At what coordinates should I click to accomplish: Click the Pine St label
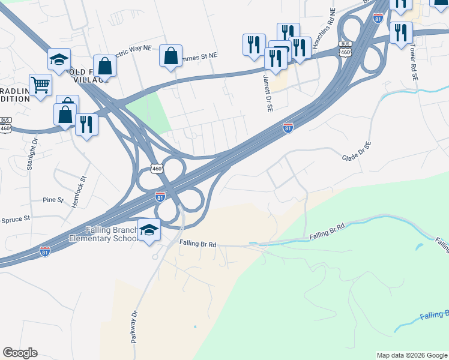click(x=52, y=200)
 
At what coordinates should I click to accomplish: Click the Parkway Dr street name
click(x=133, y=326)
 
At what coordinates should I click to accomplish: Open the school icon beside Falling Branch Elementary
click(x=149, y=230)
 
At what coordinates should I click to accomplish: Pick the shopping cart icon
click(x=40, y=85)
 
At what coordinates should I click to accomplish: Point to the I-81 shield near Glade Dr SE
click(x=288, y=128)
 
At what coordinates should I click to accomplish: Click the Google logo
click(x=20, y=353)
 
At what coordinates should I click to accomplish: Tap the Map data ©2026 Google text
click(x=412, y=355)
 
